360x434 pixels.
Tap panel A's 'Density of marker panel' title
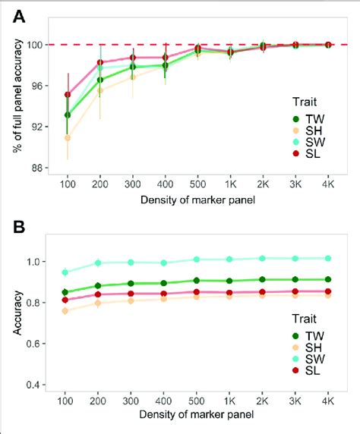(197, 199)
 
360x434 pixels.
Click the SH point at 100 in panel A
(68, 138)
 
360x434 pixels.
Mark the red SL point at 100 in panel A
(68, 95)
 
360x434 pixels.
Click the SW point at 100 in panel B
(68, 272)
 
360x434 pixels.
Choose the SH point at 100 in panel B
(68, 310)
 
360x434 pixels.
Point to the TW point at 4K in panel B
(327, 279)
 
